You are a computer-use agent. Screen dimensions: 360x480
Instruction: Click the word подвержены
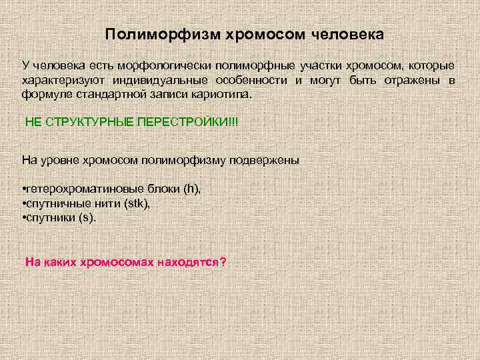tap(265, 161)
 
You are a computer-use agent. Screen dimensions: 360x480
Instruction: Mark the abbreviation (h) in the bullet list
tap(192, 189)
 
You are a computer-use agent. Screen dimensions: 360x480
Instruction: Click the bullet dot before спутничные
tap(24, 203)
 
